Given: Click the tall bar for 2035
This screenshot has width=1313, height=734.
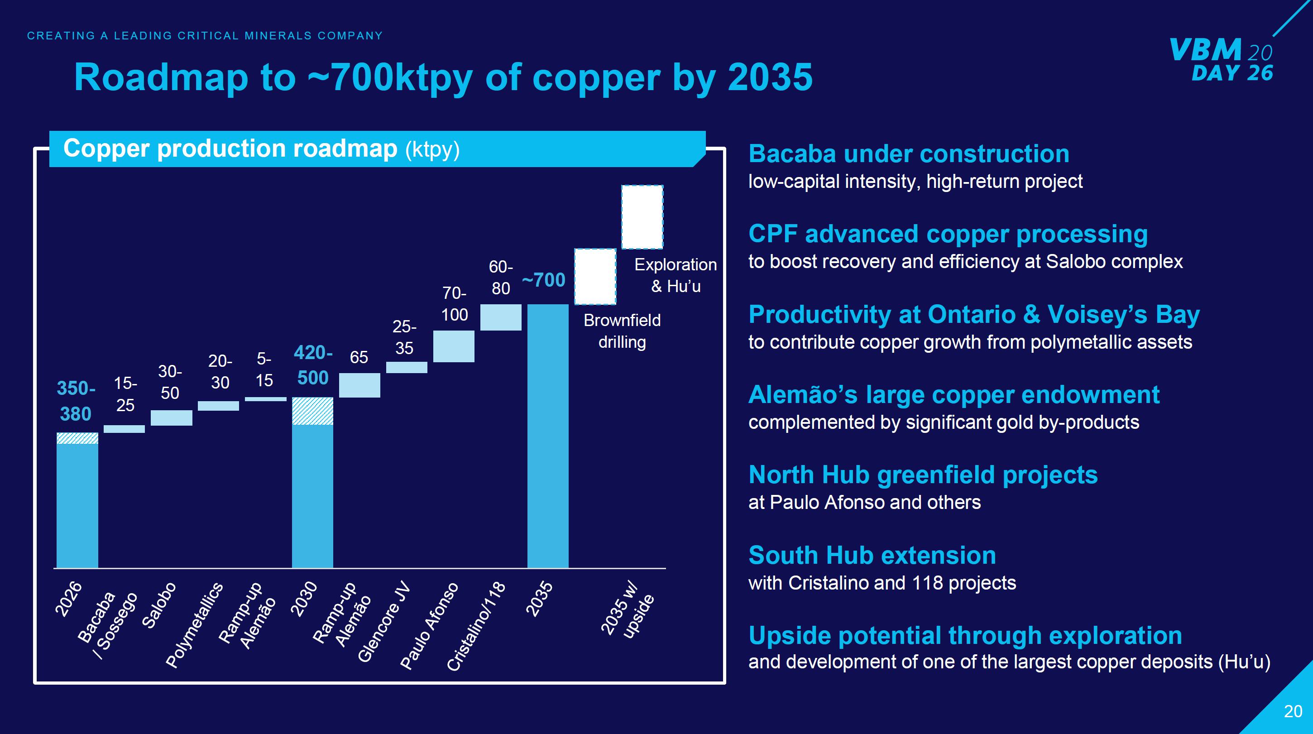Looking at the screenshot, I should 547,436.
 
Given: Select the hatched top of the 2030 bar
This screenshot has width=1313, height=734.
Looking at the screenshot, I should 312,411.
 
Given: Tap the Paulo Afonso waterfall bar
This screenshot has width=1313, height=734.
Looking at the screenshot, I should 454,346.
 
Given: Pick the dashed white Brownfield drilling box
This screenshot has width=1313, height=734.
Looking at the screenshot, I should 595,276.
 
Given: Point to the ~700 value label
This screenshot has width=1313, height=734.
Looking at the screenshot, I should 544,280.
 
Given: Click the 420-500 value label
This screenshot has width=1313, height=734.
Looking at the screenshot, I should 313,365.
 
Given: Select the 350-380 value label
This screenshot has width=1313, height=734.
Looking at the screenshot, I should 76,401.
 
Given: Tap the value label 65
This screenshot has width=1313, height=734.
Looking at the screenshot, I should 359,357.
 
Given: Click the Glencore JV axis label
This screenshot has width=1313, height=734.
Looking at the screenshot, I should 383,622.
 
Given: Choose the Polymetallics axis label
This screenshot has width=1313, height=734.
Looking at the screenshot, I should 194,625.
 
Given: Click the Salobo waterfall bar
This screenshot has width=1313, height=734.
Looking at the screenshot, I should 171,418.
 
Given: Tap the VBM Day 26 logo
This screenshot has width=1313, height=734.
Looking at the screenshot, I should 1221,60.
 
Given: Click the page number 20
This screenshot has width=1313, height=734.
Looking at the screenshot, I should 1293,711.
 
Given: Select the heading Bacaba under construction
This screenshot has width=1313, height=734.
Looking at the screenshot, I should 909,154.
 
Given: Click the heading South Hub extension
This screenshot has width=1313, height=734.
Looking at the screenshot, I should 872,555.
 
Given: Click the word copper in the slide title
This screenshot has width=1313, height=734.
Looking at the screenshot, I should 595,77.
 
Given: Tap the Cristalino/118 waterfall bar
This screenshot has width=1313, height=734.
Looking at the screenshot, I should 501,317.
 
